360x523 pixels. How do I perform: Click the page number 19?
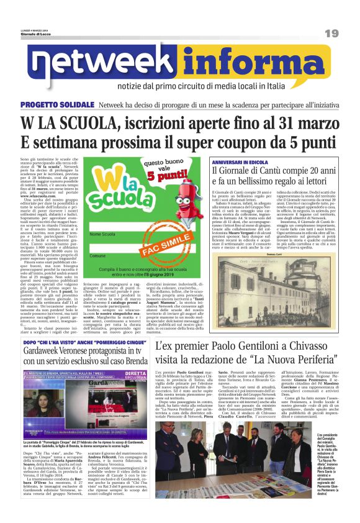331,33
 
